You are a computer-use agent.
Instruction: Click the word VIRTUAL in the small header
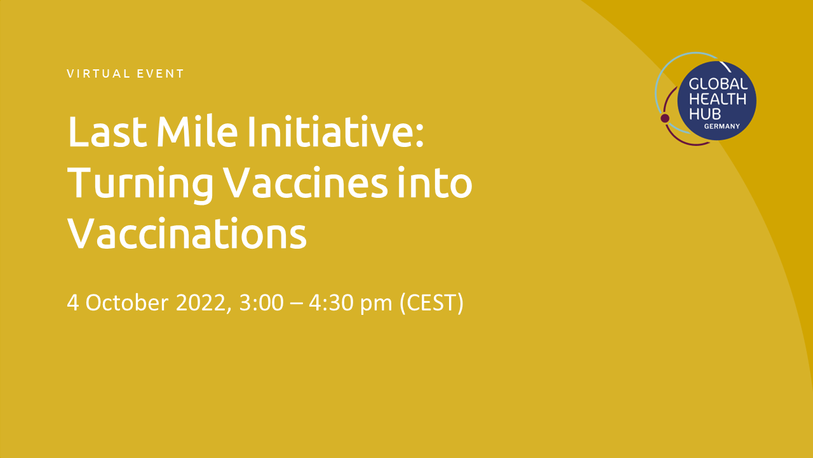pyautogui.click(x=98, y=74)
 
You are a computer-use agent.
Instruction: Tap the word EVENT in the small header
pyautogui.click(x=160, y=74)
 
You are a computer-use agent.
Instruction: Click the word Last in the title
pyautogui.click(x=107, y=132)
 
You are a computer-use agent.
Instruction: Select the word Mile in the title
pyautogui.click(x=197, y=131)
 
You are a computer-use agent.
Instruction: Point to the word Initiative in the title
pyautogui.click(x=335, y=131)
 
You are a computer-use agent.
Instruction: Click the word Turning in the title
pyautogui.click(x=140, y=184)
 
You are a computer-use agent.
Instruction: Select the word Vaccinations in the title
pyautogui.click(x=187, y=233)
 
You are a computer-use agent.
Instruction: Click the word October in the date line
pyautogui.click(x=127, y=302)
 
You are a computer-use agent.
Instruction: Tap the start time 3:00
pyautogui.click(x=261, y=303)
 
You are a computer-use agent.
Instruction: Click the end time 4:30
pyautogui.click(x=331, y=303)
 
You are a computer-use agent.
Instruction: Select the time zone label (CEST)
pyautogui.click(x=431, y=303)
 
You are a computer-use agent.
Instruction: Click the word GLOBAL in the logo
pyautogui.click(x=718, y=85)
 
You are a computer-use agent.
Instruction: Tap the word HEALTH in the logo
pyautogui.click(x=718, y=99)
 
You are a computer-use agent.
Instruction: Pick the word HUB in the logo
pyautogui.click(x=705, y=114)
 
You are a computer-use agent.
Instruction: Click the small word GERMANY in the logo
pyautogui.click(x=722, y=127)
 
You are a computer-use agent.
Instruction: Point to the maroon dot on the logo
pyautogui.click(x=665, y=118)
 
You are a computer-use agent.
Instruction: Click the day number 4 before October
pyautogui.click(x=72, y=303)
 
